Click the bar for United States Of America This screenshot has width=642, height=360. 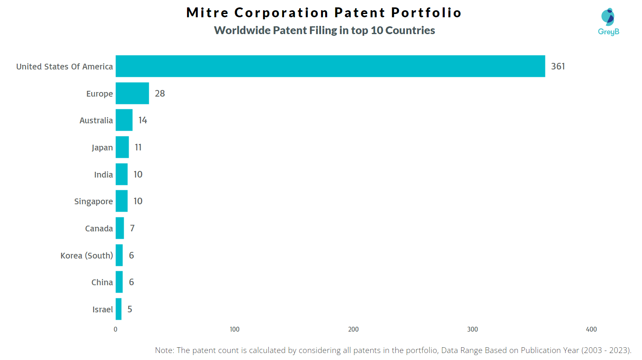click(x=330, y=66)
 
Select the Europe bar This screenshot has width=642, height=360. click(x=132, y=93)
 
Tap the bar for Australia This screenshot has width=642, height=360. click(x=124, y=120)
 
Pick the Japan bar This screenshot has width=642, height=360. click(x=122, y=147)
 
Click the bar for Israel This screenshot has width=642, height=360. click(x=118, y=309)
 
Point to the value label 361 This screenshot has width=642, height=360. click(x=558, y=66)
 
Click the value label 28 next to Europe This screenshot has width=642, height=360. click(x=159, y=94)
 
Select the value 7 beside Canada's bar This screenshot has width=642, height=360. click(x=132, y=228)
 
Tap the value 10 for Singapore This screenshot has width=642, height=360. click(x=138, y=201)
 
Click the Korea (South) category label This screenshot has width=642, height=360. click(x=86, y=256)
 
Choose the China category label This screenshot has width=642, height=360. click(x=102, y=282)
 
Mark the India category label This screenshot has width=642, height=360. click(x=103, y=175)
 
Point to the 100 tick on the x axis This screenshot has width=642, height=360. click(x=234, y=329)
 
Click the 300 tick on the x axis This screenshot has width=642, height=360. click(x=472, y=329)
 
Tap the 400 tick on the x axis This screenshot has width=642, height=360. click(x=591, y=329)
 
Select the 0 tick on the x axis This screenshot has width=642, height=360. click(x=115, y=329)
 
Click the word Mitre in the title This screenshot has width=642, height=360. click(x=207, y=13)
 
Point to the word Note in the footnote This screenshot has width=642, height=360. click(x=164, y=350)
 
